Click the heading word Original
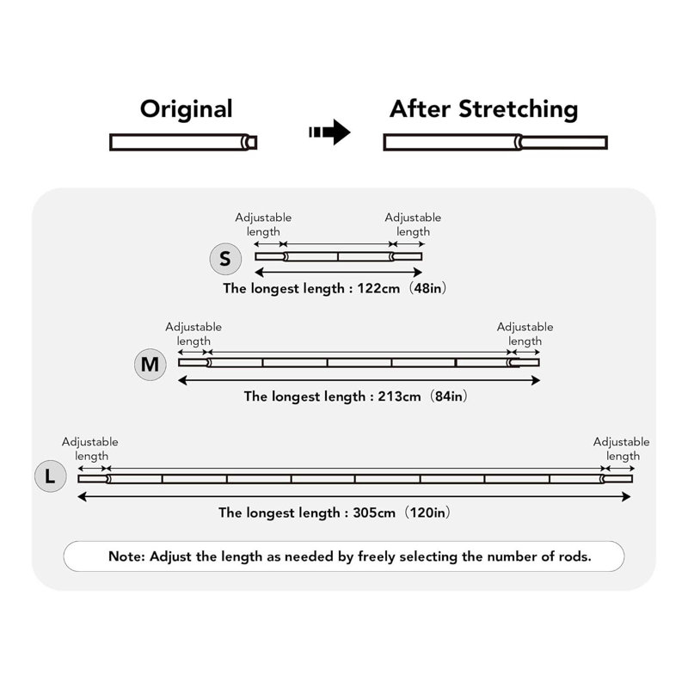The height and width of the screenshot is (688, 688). coord(186,108)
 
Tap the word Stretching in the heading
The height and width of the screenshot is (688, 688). coord(519,109)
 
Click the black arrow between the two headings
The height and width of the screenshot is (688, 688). coord(329,132)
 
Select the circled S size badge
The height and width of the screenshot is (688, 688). coord(225,259)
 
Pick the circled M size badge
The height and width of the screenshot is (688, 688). coord(150,364)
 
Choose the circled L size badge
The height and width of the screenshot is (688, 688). coord(51,476)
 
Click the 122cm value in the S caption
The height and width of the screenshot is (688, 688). coord(378,288)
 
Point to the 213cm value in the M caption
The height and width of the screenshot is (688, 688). coord(399,396)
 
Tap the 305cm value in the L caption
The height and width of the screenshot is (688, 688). coord(374,513)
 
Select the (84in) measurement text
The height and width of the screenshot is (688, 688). coord(448,396)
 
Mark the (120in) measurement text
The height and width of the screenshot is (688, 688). coord(427,513)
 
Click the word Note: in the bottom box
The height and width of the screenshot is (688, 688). coord(126,556)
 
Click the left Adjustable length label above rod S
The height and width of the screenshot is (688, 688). coord(263,224)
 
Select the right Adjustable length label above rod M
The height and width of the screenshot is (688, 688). coord(525,334)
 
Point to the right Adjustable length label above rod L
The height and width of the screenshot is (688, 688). coord(621,449)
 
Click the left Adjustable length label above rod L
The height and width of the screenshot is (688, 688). coord(90,449)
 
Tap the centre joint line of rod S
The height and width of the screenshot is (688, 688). coord(338,256)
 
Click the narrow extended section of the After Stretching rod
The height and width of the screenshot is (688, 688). coord(564,143)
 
